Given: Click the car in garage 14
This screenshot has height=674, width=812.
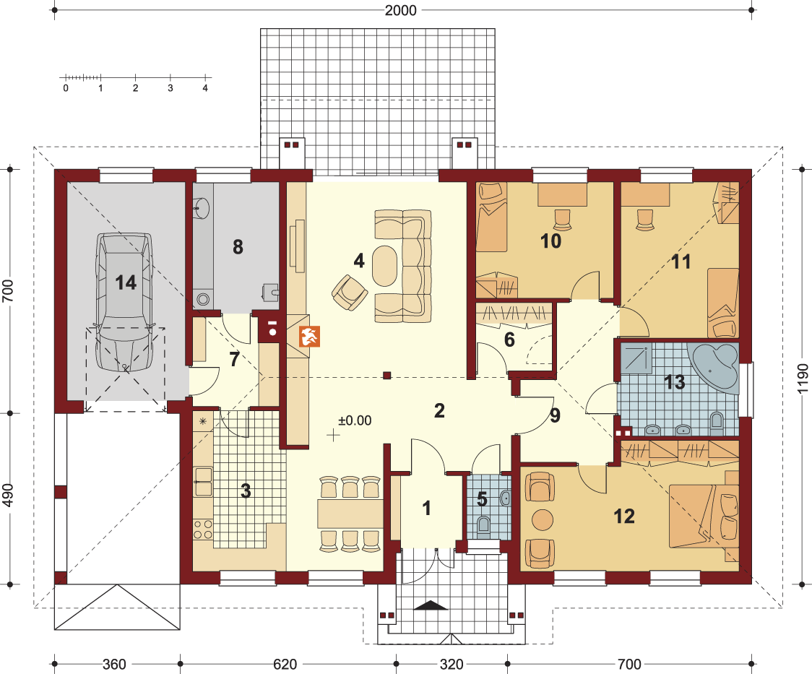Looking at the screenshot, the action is point(125,303).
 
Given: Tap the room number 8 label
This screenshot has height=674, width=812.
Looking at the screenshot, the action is point(238,247).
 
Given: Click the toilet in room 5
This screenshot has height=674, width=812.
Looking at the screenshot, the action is point(483,525).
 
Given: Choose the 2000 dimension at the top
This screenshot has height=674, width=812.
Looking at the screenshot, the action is point(401,10).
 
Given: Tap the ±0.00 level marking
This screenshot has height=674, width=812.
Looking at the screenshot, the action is point(355,420).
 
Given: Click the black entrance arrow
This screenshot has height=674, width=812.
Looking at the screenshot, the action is point(431,605).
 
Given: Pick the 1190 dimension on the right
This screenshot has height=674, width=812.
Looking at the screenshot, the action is point(802,379).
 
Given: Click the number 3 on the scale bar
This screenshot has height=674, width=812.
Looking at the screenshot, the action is point(170,89).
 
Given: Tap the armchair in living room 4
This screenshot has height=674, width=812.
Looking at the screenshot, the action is point(350,292).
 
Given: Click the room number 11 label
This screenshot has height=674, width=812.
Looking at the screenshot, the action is point(681,262).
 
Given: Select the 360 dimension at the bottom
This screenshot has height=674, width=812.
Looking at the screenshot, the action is point(114,664).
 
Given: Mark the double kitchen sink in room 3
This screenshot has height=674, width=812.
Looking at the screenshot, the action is point(203,481).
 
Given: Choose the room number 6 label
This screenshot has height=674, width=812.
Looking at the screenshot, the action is point(509,340).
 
